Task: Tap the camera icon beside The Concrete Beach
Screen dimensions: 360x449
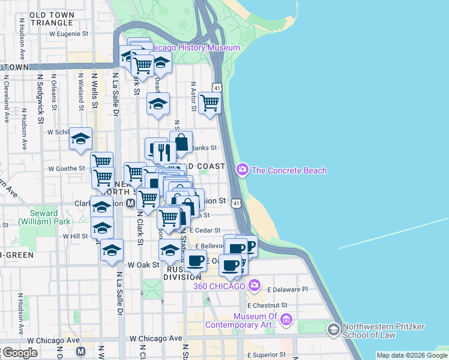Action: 243,170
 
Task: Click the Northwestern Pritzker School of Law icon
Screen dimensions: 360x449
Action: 333,329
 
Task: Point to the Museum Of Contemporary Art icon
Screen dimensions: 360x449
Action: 286,320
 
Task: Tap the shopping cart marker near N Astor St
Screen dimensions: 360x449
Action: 209,103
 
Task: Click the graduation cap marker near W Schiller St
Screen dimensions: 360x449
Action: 80,139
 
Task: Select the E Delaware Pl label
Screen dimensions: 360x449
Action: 288,289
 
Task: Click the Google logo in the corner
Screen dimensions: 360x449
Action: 19,352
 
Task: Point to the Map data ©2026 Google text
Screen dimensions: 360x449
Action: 412,355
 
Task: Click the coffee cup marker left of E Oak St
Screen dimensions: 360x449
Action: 194,260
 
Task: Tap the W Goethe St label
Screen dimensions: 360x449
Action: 66,169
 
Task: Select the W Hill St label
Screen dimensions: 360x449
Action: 76,236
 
